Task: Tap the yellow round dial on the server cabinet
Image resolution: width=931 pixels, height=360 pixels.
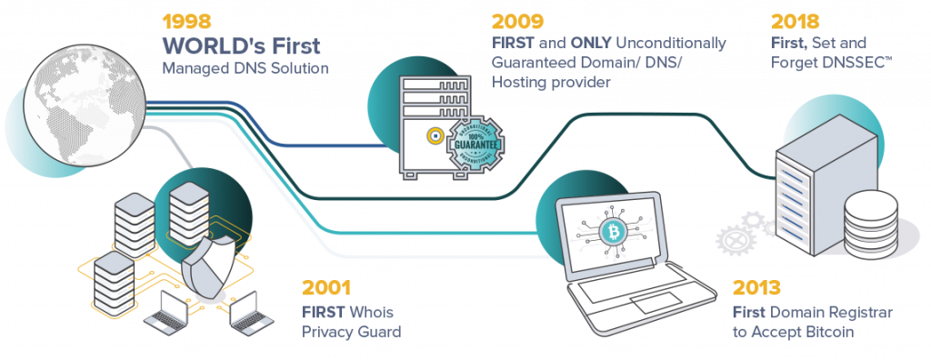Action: tap(435, 136)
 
